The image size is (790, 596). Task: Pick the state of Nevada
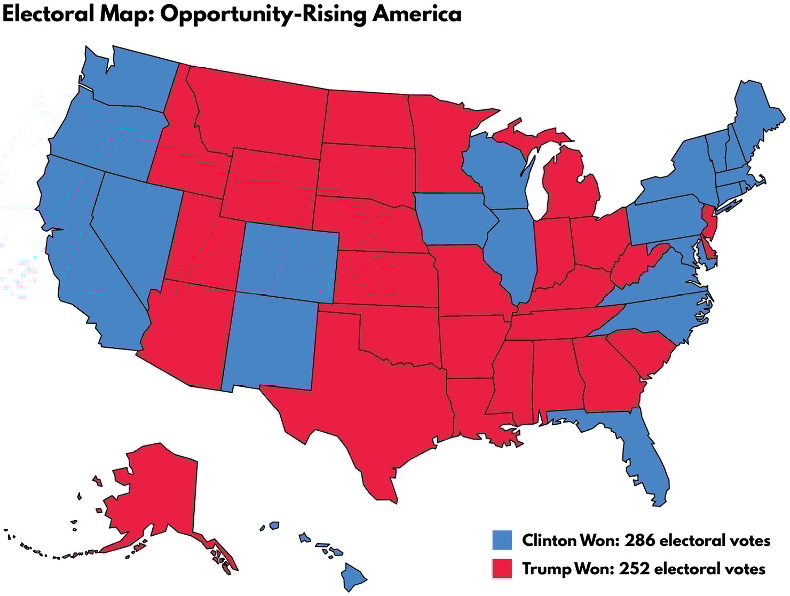[136, 224]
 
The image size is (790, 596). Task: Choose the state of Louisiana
[472, 406]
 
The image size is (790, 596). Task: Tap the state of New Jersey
[710, 221]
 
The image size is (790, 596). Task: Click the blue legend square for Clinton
[502, 540]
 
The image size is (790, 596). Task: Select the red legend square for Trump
[502, 569]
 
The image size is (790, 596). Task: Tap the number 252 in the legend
[635, 569]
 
